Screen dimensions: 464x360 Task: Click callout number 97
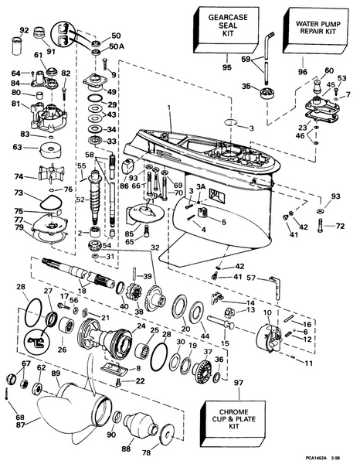click(239, 384)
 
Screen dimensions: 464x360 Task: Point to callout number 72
click(340, 226)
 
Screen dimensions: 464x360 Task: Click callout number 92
click(23, 31)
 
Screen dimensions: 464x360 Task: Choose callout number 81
click(15, 104)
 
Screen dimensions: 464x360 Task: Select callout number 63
click(16, 145)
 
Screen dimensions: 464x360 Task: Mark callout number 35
click(246, 87)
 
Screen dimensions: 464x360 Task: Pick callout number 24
click(141, 326)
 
